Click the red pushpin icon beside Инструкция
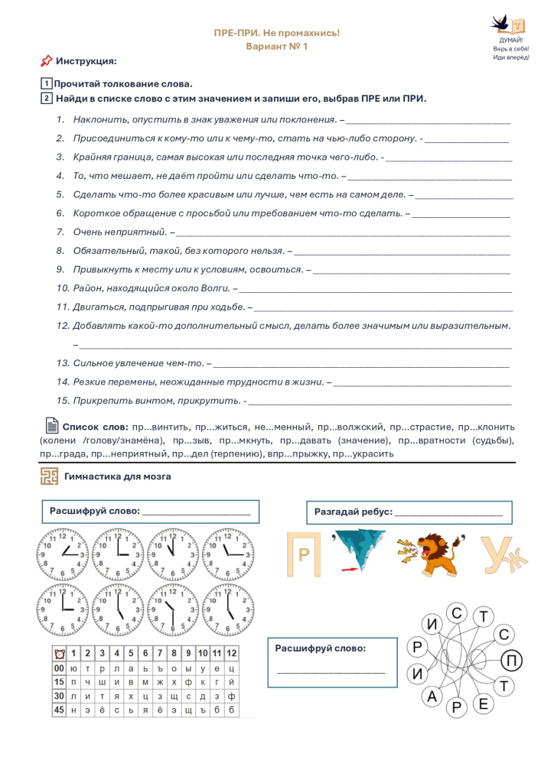pyautogui.click(x=46, y=60)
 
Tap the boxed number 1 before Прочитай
pyautogui.click(x=46, y=83)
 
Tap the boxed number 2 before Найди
pyautogui.click(x=46, y=98)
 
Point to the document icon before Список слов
pyautogui.click(x=51, y=425)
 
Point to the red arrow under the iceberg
pyautogui.click(x=348, y=569)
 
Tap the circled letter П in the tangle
pyautogui.click(x=512, y=660)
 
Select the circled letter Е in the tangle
pyautogui.click(x=483, y=703)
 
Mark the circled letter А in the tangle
pyautogui.click(x=432, y=696)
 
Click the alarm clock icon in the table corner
pyautogui.click(x=59, y=653)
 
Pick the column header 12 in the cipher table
pyautogui.click(x=232, y=653)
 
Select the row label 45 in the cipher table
pyautogui.click(x=59, y=710)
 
